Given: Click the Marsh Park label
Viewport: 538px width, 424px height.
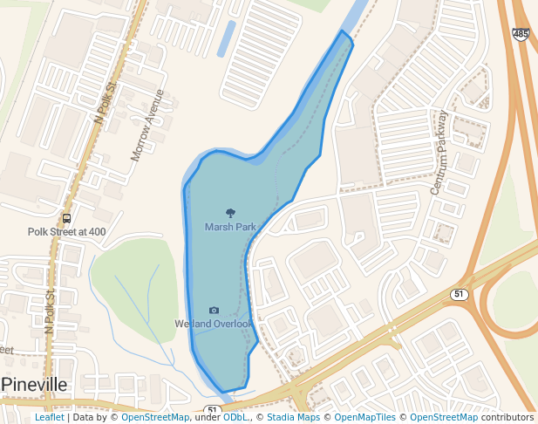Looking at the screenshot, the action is tap(230, 227).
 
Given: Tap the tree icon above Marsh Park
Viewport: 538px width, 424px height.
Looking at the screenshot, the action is tap(230, 212).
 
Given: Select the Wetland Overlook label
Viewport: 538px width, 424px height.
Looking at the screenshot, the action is tap(214, 325).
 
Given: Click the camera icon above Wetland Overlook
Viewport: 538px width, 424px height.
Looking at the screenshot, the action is tap(214, 310).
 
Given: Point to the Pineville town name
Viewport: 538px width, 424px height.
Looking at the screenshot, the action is tap(36, 385).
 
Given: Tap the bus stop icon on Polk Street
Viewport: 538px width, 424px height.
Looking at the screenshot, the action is tap(67, 218).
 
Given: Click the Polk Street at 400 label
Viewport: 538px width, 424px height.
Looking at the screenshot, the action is tap(66, 232).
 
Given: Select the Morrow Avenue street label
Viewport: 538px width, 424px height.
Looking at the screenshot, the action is tap(146, 125).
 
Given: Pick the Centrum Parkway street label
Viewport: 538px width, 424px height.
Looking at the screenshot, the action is tap(438, 153).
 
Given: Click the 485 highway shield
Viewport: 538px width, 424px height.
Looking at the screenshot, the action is tap(521, 34).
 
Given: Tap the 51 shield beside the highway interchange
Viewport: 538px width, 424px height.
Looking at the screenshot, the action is tap(460, 294).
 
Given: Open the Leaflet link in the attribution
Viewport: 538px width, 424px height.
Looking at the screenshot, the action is tap(49, 418).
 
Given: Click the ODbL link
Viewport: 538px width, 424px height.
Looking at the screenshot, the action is tap(235, 418).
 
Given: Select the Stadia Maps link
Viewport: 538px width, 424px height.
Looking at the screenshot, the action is tap(293, 418).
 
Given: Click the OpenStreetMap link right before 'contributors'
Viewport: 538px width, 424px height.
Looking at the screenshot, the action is tap(444, 418).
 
